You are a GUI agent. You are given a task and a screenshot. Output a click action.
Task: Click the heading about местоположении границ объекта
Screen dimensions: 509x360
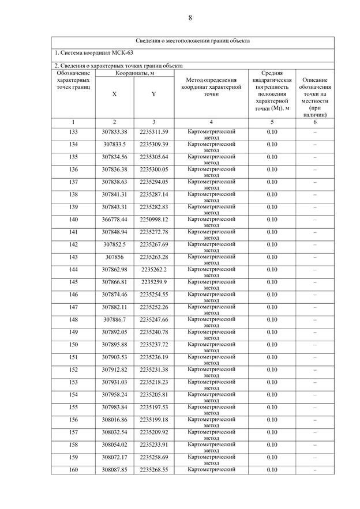pos(193,41)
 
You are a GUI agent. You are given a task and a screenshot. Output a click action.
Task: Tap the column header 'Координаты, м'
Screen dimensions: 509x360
pos(134,73)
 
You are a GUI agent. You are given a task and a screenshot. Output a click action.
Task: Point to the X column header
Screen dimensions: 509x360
pos(115,94)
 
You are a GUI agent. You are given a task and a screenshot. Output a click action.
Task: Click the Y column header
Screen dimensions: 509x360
pos(153,94)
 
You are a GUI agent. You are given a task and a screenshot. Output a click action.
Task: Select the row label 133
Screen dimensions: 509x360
pos(73,132)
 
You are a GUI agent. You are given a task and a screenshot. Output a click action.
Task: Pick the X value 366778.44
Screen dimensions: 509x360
pos(115,220)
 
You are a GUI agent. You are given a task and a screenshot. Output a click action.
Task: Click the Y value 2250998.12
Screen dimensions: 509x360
pos(153,220)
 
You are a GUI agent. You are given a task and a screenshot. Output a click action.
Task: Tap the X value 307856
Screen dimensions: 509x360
pos(114,257)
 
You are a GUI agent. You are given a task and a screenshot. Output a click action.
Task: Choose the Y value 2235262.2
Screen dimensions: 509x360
pos(153,270)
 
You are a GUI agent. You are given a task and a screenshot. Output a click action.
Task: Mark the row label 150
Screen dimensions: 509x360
pos(73,345)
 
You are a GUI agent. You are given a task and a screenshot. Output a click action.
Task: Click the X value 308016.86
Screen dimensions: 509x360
pos(115,420)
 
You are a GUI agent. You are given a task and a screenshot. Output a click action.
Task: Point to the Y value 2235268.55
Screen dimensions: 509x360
pos(153,470)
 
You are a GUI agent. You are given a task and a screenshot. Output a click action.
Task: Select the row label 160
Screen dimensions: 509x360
pos(73,470)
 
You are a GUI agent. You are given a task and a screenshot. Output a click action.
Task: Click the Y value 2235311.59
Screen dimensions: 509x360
pos(153,132)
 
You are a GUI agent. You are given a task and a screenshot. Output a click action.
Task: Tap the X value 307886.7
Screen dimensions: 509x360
pos(115,319)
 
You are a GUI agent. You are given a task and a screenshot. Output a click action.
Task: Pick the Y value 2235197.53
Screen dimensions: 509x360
pos(153,408)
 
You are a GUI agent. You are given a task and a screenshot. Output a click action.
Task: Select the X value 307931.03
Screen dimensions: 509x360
pos(115,382)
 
